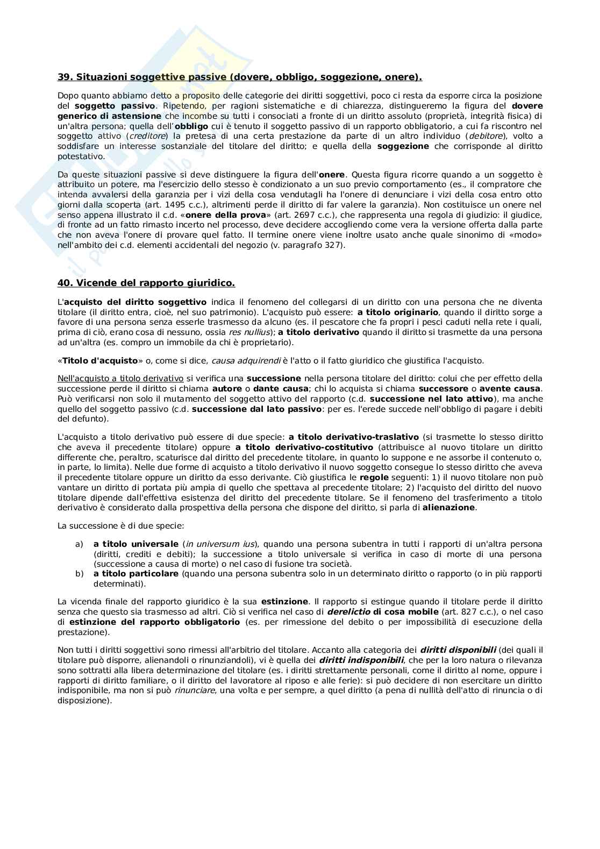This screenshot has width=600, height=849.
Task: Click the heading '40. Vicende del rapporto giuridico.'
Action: (146, 283)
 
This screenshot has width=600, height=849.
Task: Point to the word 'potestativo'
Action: (81, 156)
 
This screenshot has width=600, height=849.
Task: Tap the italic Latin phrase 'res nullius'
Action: (248, 332)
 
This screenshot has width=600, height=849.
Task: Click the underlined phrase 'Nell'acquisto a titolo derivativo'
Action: (120, 379)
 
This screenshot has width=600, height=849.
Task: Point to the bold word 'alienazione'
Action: (448, 508)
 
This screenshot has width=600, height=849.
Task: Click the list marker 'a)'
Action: (79, 544)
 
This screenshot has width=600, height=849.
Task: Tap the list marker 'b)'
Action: (79, 574)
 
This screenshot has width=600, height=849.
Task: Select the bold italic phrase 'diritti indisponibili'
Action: (361, 660)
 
